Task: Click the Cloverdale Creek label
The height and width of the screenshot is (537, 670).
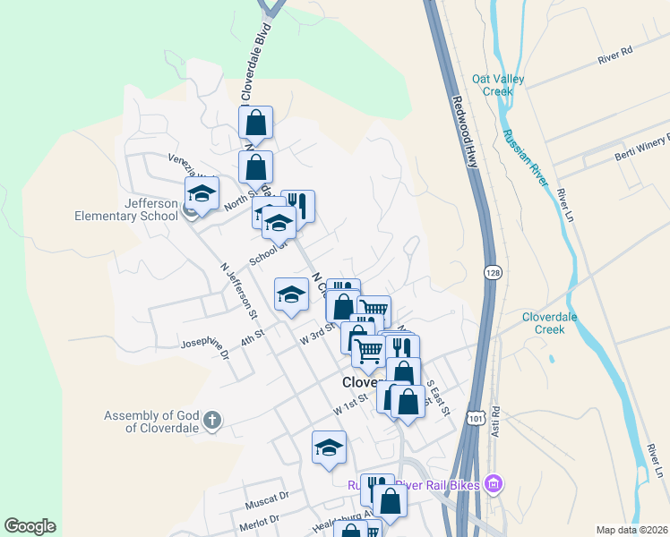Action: coord(551,323)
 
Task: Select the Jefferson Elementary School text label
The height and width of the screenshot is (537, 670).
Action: coord(126,209)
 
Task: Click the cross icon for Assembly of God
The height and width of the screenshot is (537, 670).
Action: coord(211,420)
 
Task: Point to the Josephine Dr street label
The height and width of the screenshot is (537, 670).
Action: coord(205,349)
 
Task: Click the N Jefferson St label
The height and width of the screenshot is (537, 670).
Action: coord(238,291)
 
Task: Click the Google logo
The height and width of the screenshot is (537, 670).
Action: coord(30,526)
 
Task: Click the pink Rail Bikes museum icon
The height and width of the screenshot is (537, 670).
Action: coord(491,485)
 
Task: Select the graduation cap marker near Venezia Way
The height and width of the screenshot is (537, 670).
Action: coord(202,193)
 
